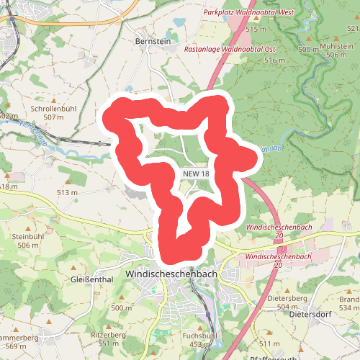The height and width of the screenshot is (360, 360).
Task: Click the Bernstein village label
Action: (x=153, y=42)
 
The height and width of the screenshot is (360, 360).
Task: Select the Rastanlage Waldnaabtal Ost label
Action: (x=230, y=50)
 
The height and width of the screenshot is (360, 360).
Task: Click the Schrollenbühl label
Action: (x=54, y=108)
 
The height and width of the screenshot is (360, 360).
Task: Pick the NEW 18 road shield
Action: (x=196, y=174)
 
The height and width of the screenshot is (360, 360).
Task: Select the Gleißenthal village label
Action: (x=93, y=279)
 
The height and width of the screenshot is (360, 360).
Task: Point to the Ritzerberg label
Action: (x=108, y=335)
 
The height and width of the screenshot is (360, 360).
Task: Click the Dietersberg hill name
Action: (x=287, y=297)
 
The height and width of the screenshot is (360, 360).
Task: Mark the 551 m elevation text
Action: (x=108, y=343)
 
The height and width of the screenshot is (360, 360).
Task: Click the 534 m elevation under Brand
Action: (x=348, y=307)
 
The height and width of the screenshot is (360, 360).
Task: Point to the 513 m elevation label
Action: (x=67, y=193)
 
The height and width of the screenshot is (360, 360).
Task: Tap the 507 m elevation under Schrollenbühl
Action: (x=54, y=117)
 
